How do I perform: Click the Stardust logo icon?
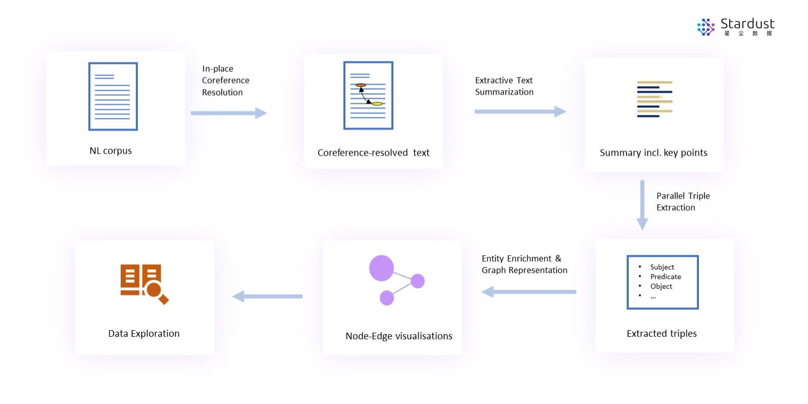pyautogui.click(x=705, y=27)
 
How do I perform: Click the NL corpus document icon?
pyautogui.click(x=113, y=97)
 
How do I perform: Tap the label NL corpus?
pyautogui.click(x=111, y=151)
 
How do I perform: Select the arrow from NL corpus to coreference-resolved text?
pyautogui.click(x=229, y=113)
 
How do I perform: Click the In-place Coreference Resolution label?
pyautogui.click(x=225, y=80)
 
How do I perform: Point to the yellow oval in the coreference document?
pyautogui.click(x=377, y=104)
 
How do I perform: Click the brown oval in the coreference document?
pyautogui.click(x=361, y=85)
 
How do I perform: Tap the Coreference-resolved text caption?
pyautogui.click(x=373, y=153)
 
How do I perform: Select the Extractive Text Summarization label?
pyautogui.click(x=504, y=86)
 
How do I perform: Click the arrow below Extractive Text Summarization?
pyautogui.click(x=520, y=112)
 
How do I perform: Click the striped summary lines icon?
pyautogui.click(x=654, y=99)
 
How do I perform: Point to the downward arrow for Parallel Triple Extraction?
pyautogui.click(x=642, y=205)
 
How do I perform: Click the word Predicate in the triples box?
pyautogui.click(x=666, y=277)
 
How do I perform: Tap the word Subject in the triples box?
pyautogui.click(x=662, y=267)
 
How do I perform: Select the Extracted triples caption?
pyautogui.click(x=662, y=333)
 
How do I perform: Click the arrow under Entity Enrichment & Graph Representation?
pyautogui.click(x=529, y=292)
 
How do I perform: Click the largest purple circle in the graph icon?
pyautogui.click(x=381, y=268)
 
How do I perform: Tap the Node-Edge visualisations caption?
pyautogui.click(x=398, y=336)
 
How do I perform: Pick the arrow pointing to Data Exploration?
pyautogui.click(x=267, y=296)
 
